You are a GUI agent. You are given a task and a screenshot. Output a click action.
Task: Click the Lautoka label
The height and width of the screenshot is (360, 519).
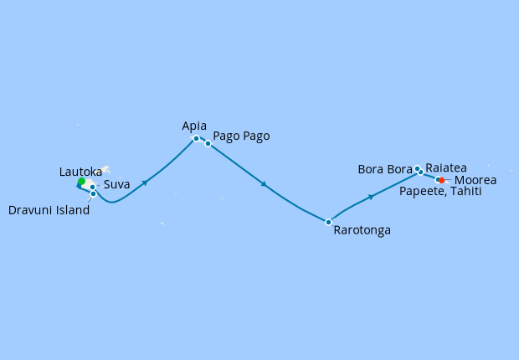[x=82, y=171]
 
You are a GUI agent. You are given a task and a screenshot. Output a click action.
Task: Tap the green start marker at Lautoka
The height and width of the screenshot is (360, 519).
[x=81, y=182]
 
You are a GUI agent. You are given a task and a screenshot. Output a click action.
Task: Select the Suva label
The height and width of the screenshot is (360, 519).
[x=116, y=185]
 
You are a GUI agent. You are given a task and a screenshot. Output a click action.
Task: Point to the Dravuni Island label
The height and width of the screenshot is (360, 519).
[x=49, y=210]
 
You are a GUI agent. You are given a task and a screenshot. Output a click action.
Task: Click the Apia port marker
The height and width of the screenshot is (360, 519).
[x=196, y=138]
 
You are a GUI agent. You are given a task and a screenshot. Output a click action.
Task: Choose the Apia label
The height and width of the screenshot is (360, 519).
[x=193, y=126]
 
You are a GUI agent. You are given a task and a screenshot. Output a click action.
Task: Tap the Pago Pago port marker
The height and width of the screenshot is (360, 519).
[x=208, y=143]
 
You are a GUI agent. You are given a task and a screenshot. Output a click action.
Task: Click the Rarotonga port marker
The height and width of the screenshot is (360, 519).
[x=328, y=222]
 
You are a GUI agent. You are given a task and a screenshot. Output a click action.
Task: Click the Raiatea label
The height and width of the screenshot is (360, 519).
[x=447, y=167]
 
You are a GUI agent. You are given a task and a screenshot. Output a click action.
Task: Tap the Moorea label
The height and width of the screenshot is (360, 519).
[x=475, y=180]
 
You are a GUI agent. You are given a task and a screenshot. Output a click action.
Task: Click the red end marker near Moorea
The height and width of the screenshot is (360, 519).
[x=441, y=180]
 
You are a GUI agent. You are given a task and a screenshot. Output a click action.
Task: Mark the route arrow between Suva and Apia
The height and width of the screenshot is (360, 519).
[x=146, y=183]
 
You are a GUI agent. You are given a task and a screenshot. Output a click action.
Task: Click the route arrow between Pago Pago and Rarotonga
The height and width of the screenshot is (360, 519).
[x=264, y=184]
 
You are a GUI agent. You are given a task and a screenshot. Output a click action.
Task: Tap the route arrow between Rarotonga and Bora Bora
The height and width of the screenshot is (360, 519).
[x=370, y=198]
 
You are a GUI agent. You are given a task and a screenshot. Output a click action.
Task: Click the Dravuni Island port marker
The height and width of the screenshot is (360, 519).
[x=93, y=193]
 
